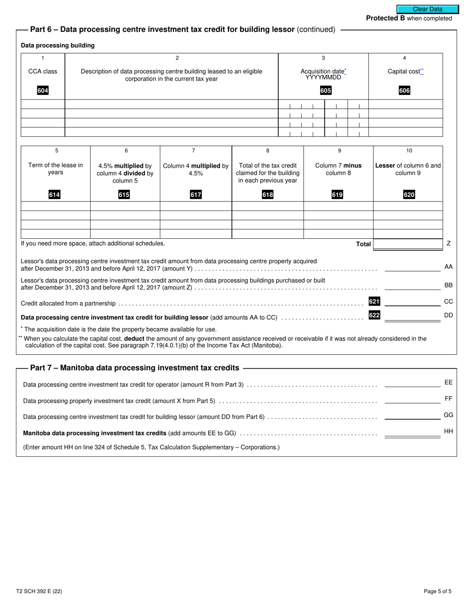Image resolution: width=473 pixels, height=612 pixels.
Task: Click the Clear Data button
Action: pos(427,9)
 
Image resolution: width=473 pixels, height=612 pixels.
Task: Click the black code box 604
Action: pos(43,91)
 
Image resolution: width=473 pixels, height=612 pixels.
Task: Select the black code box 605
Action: pos(325,91)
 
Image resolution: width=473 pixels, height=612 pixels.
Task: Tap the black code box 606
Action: pos(404,91)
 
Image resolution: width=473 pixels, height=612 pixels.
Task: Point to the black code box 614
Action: pos(54,195)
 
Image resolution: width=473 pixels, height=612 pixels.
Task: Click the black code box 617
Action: pos(196,195)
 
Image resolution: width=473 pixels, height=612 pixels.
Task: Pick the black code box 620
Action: pos(409,195)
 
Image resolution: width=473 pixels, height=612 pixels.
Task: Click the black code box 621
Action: pos(374,302)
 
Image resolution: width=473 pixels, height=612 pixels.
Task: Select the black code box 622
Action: pos(374,314)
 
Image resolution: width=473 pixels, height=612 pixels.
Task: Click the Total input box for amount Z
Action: pos(408,244)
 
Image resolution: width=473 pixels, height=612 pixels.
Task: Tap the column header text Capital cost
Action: pos(404,71)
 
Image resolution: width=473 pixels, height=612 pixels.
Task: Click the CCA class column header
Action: pos(42,71)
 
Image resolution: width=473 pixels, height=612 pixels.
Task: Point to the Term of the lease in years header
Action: pos(55,169)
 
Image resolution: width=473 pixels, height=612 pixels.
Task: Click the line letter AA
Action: pos(448,267)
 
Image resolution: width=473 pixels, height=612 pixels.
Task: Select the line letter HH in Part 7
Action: pos(448,431)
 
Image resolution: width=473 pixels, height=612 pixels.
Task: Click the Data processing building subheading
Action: pos(58,45)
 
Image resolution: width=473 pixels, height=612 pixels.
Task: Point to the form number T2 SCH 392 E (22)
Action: pos(39,592)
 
